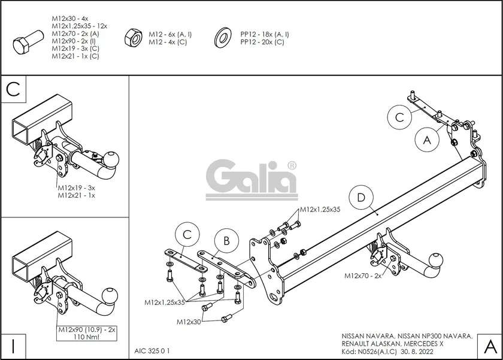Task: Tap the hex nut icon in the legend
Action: [x=132, y=38]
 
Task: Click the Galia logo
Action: [x=251, y=178]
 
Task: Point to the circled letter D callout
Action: [x=361, y=198]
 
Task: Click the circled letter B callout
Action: [x=226, y=241]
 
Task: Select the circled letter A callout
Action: [x=427, y=140]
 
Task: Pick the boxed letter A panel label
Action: [x=489, y=346]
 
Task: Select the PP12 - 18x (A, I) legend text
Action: [x=265, y=35]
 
